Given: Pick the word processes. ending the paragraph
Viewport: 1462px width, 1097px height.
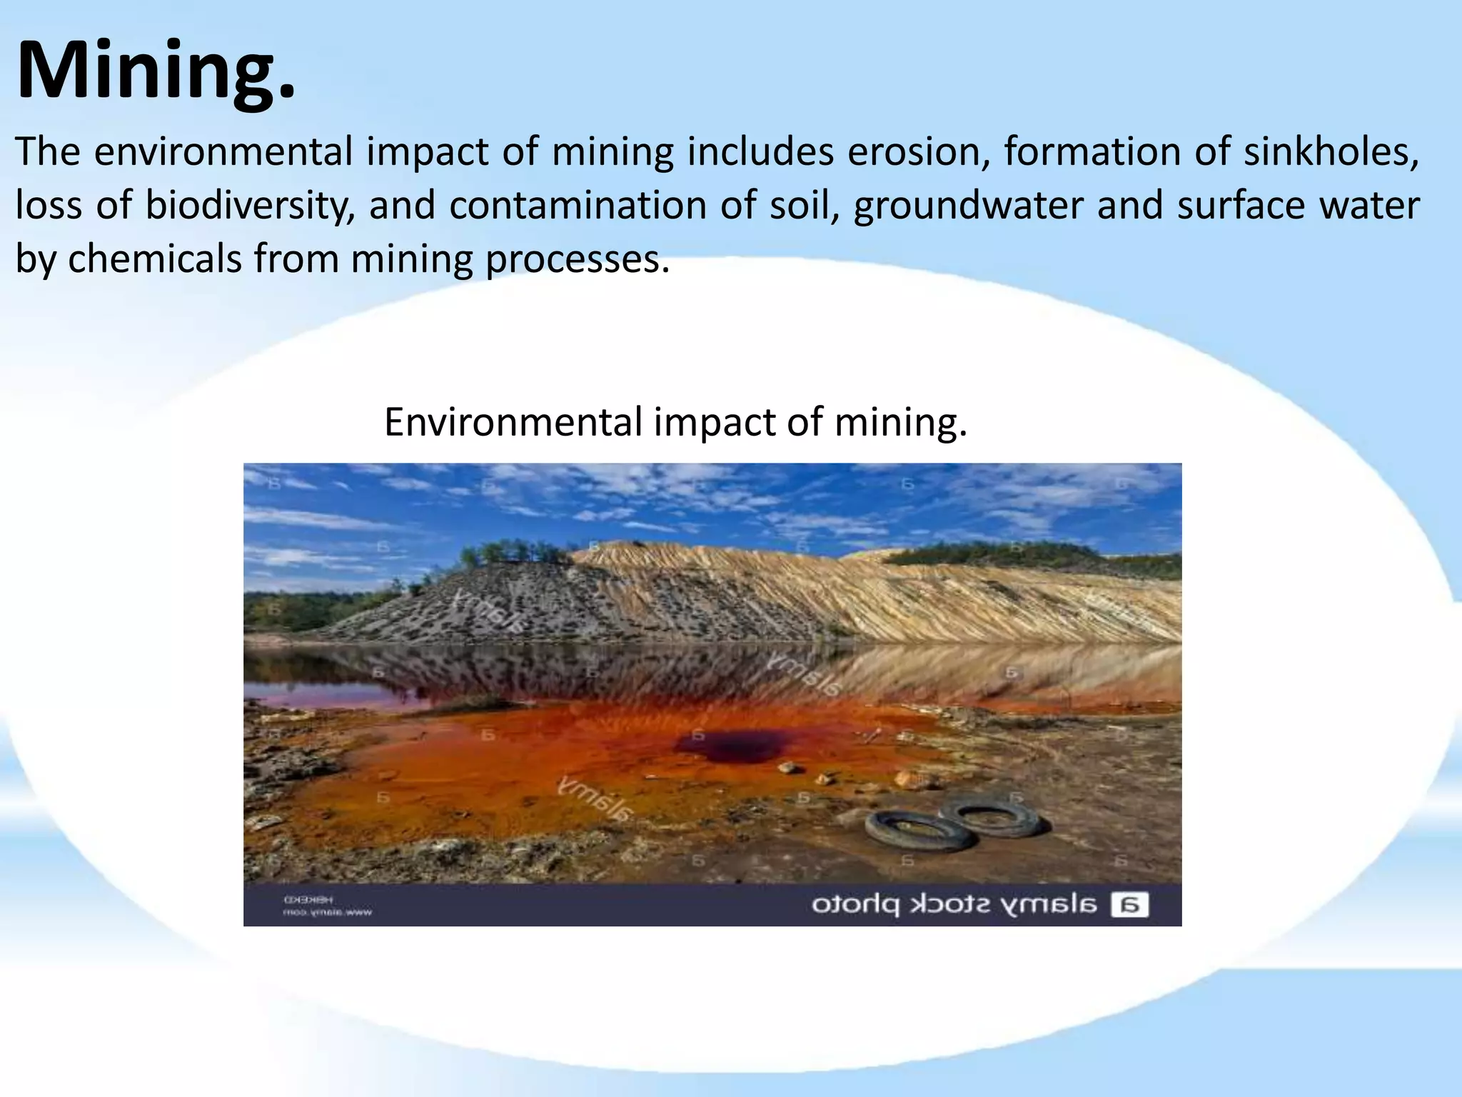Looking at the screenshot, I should [578, 259].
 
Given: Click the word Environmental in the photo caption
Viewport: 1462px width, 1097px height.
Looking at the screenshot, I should [513, 422].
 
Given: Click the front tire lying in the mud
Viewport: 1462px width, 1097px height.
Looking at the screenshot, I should [919, 831].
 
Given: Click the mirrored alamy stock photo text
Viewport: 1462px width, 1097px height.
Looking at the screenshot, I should [954, 905].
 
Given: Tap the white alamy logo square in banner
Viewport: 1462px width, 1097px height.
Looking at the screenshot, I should [1130, 905].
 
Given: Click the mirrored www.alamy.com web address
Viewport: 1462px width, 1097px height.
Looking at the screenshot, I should [328, 912].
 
